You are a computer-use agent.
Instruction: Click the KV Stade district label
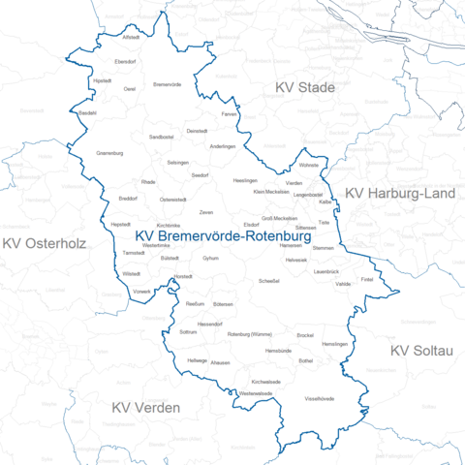(303, 88)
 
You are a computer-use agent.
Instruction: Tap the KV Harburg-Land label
(400, 194)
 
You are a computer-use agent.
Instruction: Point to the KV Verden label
(145, 407)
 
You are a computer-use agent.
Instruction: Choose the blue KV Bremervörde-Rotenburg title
(223, 235)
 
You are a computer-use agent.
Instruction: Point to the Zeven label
(206, 211)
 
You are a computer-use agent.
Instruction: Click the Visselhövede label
(320, 398)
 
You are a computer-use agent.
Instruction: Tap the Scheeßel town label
(270, 281)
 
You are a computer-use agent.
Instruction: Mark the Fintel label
(366, 279)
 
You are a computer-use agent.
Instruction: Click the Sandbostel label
(161, 138)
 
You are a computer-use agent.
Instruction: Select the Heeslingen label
(246, 181)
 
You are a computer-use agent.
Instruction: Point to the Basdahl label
(87, 113)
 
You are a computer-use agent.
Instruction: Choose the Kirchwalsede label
(265, 382)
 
